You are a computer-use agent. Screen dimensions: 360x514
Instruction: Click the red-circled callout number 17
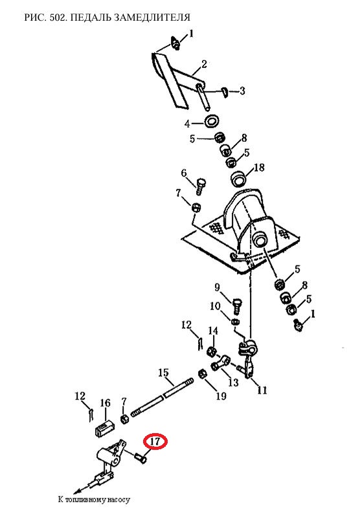coord(155,441)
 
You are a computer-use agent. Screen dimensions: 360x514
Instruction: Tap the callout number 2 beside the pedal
coord(204,64)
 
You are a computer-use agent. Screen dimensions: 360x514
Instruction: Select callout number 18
coord(259,168)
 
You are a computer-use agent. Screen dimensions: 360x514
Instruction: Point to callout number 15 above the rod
coord(163,373)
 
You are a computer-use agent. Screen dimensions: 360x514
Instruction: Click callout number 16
coord(106,403)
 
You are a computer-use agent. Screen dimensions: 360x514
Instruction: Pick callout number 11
coord(262,390)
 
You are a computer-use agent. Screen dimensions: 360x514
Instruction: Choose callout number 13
coord(233,382)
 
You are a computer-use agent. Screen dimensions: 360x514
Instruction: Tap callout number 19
coord(221,396)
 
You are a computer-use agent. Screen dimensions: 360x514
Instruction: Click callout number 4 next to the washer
coord(187,124)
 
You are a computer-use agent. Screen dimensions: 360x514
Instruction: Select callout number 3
coord(242,91)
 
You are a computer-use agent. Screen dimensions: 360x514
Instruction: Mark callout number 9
coord(217,287)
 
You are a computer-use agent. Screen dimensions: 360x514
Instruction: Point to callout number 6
coord(184,173)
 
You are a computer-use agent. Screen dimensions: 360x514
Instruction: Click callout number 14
coord(213,330)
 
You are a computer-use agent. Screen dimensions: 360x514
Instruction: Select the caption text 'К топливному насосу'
coord(94,500)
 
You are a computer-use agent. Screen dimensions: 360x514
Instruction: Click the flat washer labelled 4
coord(212,120)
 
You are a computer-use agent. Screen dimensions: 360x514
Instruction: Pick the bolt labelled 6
coord(200,186)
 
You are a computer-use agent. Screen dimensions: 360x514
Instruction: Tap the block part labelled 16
coord(105,427)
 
